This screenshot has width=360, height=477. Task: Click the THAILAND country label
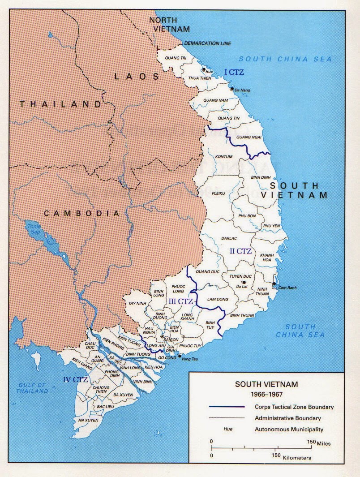click(x=60, y=104)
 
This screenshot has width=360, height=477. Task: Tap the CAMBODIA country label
click(x=82, y=213)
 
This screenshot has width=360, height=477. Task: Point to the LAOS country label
click(x=137, y=77)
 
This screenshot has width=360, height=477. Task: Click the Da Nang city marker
click(x=232, y=89)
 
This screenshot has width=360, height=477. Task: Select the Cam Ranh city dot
click(x=274, y=284)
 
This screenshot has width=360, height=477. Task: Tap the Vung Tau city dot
click(x=180, y=356)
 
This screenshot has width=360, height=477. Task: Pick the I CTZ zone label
click(x=234, y=72)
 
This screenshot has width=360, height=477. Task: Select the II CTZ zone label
click(x=241, y=251)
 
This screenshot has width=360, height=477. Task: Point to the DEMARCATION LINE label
click(x=207, y=43)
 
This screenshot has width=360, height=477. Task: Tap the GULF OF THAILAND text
click(x=32, y=387)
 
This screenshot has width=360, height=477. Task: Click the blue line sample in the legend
click(x=227, y=407)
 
